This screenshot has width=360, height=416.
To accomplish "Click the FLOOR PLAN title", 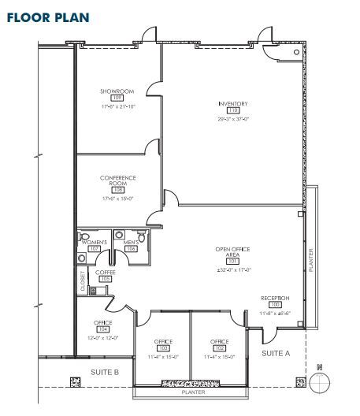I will pos(47,16).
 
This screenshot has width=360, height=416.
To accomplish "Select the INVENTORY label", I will pos(233,104).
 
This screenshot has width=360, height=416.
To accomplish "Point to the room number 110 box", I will pos(233,112).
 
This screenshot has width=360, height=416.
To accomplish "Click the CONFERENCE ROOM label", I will pos(118,180).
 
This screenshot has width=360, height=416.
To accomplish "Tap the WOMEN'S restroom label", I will pos(94,242).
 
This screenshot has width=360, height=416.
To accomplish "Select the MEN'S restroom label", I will pos(132,242).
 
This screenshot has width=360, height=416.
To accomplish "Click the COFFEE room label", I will pos(105,272).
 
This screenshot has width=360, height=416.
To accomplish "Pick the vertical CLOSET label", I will pos(83,282).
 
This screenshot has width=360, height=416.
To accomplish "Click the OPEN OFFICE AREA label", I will pos(232,252).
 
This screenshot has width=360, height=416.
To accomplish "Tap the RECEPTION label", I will pos(276,298).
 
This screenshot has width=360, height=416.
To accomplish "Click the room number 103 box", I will pos(164,347).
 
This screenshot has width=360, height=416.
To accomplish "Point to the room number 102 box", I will pos(219,347).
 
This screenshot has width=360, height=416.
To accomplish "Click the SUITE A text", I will pos(276,354).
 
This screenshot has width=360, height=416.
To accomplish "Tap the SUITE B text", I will pos(104,371).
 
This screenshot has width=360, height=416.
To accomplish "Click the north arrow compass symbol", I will pos(320,381).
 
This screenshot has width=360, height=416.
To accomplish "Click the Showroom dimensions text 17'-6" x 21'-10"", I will pos(117,106).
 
